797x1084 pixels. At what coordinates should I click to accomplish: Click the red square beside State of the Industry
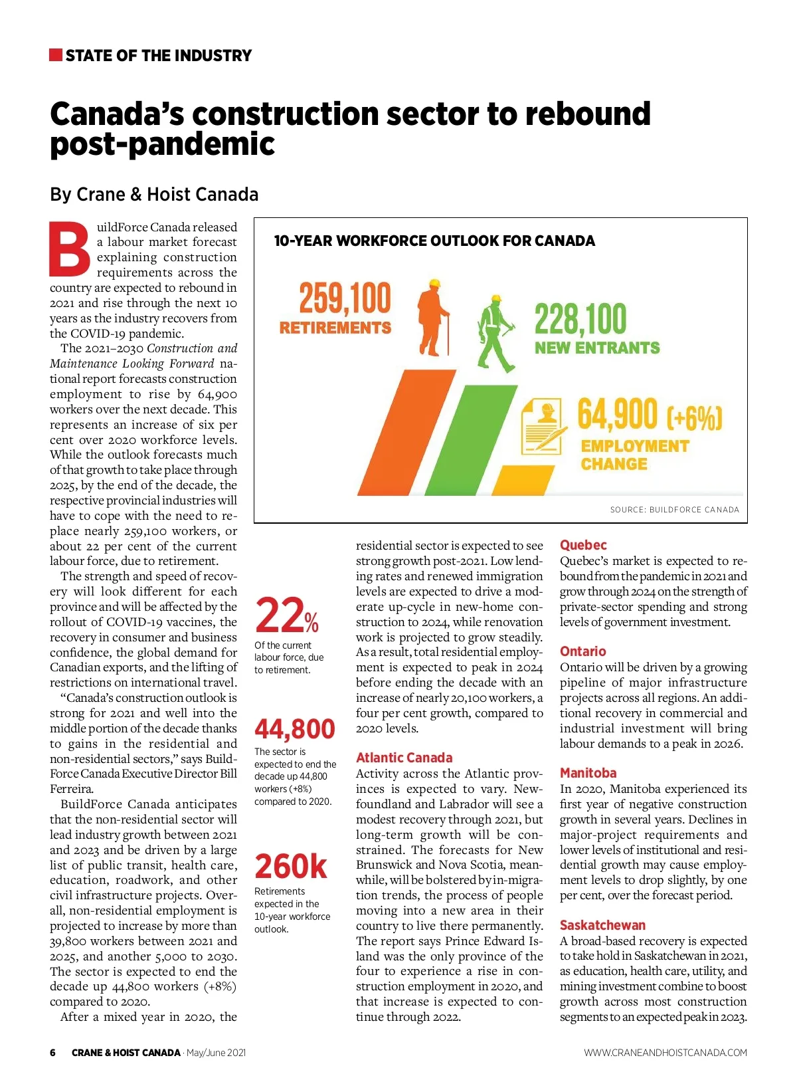tap(56, 54)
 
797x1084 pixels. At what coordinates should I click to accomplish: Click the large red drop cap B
tap(70, 250)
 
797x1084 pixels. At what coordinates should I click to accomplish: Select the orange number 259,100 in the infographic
tap(345, 298)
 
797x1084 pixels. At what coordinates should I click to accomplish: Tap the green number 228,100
tap(580, 320)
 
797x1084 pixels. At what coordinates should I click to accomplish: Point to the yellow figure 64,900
tap(617, 415)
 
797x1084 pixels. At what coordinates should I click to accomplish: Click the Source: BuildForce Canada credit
tap(674, 510)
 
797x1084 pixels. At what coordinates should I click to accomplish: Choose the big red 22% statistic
tap(286, 615)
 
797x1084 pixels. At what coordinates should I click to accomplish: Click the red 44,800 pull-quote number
tap(295, 729)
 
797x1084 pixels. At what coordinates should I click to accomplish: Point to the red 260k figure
tap(291, 867)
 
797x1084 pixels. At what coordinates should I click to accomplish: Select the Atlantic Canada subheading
tap(404, 758)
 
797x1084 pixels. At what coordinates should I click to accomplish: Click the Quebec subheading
tap(583, 545)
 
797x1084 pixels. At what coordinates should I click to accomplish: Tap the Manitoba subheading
tap(588, 773)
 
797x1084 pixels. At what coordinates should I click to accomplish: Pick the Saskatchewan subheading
tap(602, 925)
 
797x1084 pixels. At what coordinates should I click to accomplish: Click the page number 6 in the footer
tap(53, 1053)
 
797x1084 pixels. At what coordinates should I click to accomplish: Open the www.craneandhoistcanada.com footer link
tap(665, 1053)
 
